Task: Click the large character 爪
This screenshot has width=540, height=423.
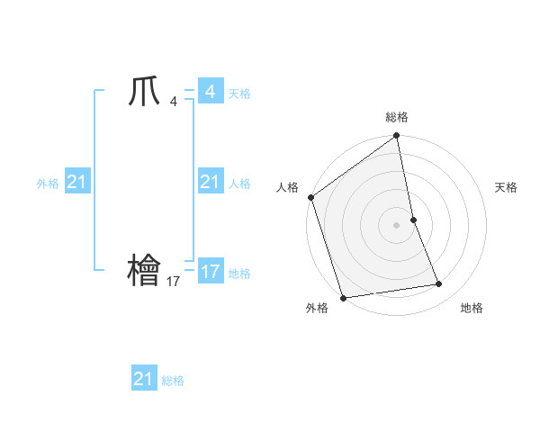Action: tap(144, 92)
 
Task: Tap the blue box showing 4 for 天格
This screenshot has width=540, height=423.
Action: tap(210, 92)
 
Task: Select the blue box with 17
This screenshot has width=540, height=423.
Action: tap(210, 271)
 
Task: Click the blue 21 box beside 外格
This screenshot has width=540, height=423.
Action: tap(76, 183)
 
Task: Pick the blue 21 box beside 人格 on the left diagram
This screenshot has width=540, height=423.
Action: tap(210, 183)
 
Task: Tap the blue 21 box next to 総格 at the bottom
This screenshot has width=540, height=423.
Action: tap(144, 379)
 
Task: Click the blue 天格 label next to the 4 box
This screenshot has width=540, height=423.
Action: tap(239, 94)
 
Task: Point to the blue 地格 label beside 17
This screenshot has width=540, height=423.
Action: tap(239, 274)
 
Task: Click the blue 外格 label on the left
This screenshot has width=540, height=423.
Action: tap(48, 184)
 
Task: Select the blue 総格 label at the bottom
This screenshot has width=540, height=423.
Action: tap(173, 381)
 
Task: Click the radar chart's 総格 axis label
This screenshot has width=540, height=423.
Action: tap(397, 117)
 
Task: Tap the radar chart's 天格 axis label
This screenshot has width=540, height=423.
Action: tap(506, 187)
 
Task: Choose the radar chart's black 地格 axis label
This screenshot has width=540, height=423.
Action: tap(472, 308)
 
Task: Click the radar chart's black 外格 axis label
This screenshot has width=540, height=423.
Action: tap(317, 308)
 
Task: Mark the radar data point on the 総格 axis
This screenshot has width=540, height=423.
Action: tap(397, 137)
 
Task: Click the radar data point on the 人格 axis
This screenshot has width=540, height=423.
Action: tap(311, 197)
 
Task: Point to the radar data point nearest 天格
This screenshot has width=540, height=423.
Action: tap(413, 219)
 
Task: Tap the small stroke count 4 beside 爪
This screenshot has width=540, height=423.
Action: tap(173, 103)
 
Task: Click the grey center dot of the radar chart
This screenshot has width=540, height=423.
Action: tap(397, 224)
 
